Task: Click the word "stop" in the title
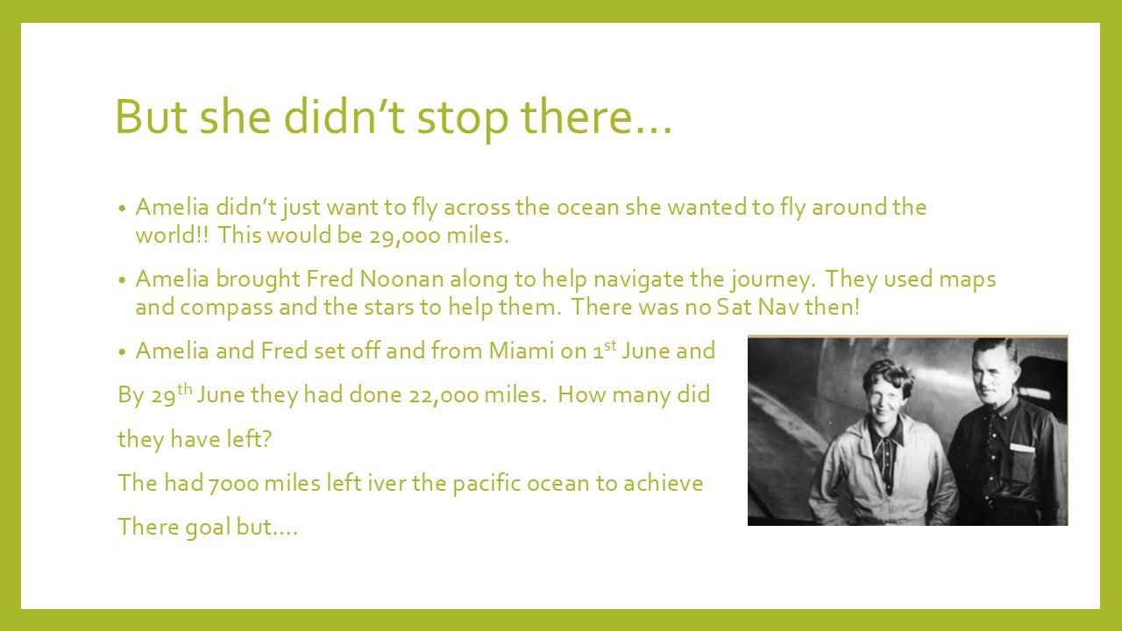click(x=462, y=118)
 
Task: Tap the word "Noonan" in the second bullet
click(x=401, y=279)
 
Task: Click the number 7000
click(x=233, y=484)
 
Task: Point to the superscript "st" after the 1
click(x=609, y=345)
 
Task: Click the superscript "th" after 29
click(x=184, y=389)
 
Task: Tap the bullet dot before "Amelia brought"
click(x=122, y=280)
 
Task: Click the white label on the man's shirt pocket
click(x=1022, y=448)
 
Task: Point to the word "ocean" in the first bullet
click(x=587, y=208)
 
